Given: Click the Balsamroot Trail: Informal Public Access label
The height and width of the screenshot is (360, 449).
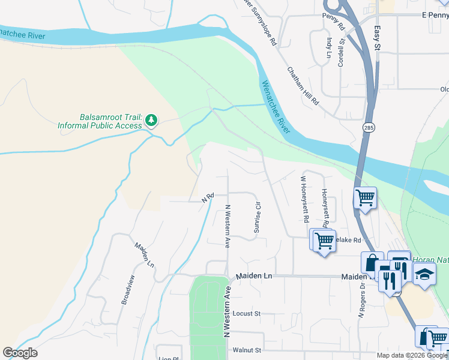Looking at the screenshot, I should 99,122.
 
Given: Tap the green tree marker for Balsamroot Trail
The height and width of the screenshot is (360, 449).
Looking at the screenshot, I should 151,121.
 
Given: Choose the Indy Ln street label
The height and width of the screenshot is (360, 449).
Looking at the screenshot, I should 329,48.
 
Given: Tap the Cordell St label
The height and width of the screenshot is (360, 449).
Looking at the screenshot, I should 341,52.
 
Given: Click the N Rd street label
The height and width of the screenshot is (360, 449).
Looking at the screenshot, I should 208,196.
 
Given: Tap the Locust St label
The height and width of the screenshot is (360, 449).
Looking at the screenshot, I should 246,314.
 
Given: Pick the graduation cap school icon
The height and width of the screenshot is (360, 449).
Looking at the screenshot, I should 424,274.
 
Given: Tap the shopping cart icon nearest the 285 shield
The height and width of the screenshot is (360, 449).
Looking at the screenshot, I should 365,197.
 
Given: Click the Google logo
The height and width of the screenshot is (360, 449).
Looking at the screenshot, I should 20,353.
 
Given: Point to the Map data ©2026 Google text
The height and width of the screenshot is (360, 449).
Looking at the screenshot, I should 412,355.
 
